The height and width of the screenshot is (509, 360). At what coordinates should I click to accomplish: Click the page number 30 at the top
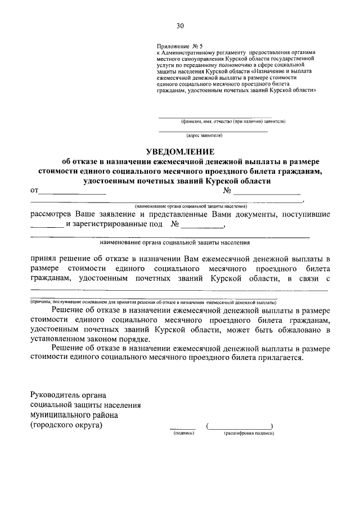[179, 25]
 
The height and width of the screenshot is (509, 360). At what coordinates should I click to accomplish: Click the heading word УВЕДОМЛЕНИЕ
[180, 151]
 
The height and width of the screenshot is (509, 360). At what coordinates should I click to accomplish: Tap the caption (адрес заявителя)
[205, 136]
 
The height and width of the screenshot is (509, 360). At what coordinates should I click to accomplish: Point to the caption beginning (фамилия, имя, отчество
[233, 121]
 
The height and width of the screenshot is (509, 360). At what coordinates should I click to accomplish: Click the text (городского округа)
[67, 425]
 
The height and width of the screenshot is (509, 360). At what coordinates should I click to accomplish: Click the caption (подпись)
[182, 434]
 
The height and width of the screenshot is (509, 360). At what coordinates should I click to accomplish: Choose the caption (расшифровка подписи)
[248, 434]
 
